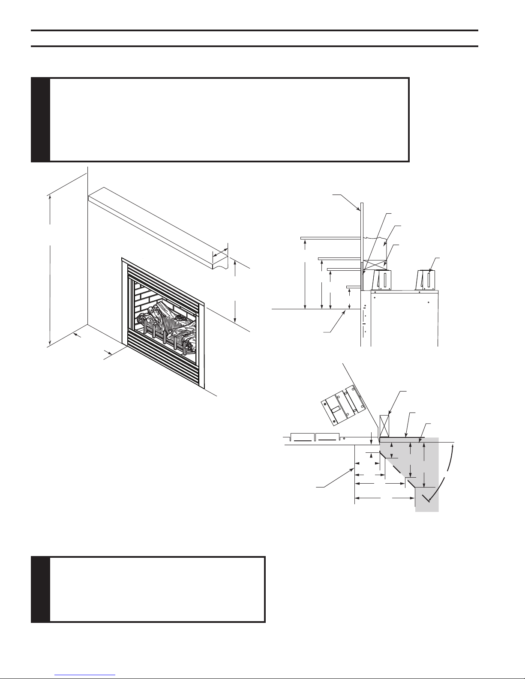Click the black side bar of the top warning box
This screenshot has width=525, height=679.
point(41,120)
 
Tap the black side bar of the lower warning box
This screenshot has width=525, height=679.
point(41,589)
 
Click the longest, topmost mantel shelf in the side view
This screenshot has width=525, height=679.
point(330,237)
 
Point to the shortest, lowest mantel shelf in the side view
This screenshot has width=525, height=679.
point(354,286)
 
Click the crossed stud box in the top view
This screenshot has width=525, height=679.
point(384,425)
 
